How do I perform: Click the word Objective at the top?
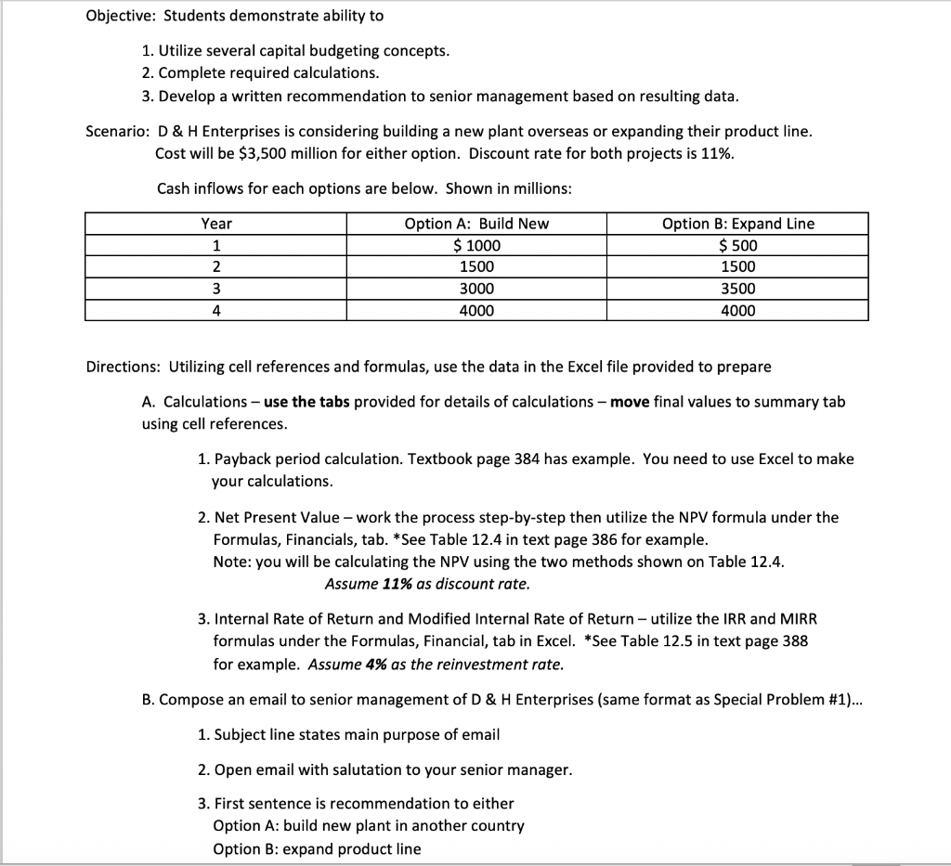tap(114, 16)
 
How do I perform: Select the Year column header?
tap(216, 224)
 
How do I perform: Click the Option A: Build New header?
tap(476, 224)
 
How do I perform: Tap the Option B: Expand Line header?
tap(737, 224)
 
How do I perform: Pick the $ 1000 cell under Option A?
tap(476, 246)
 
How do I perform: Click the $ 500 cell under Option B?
tap(737, 246)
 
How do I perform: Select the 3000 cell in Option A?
tap(476, 289)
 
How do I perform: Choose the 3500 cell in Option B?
tap(737, 289)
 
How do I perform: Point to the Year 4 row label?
tap(216, 311)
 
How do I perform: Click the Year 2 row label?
tap(216, 267)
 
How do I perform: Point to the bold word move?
tap(631, 402)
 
